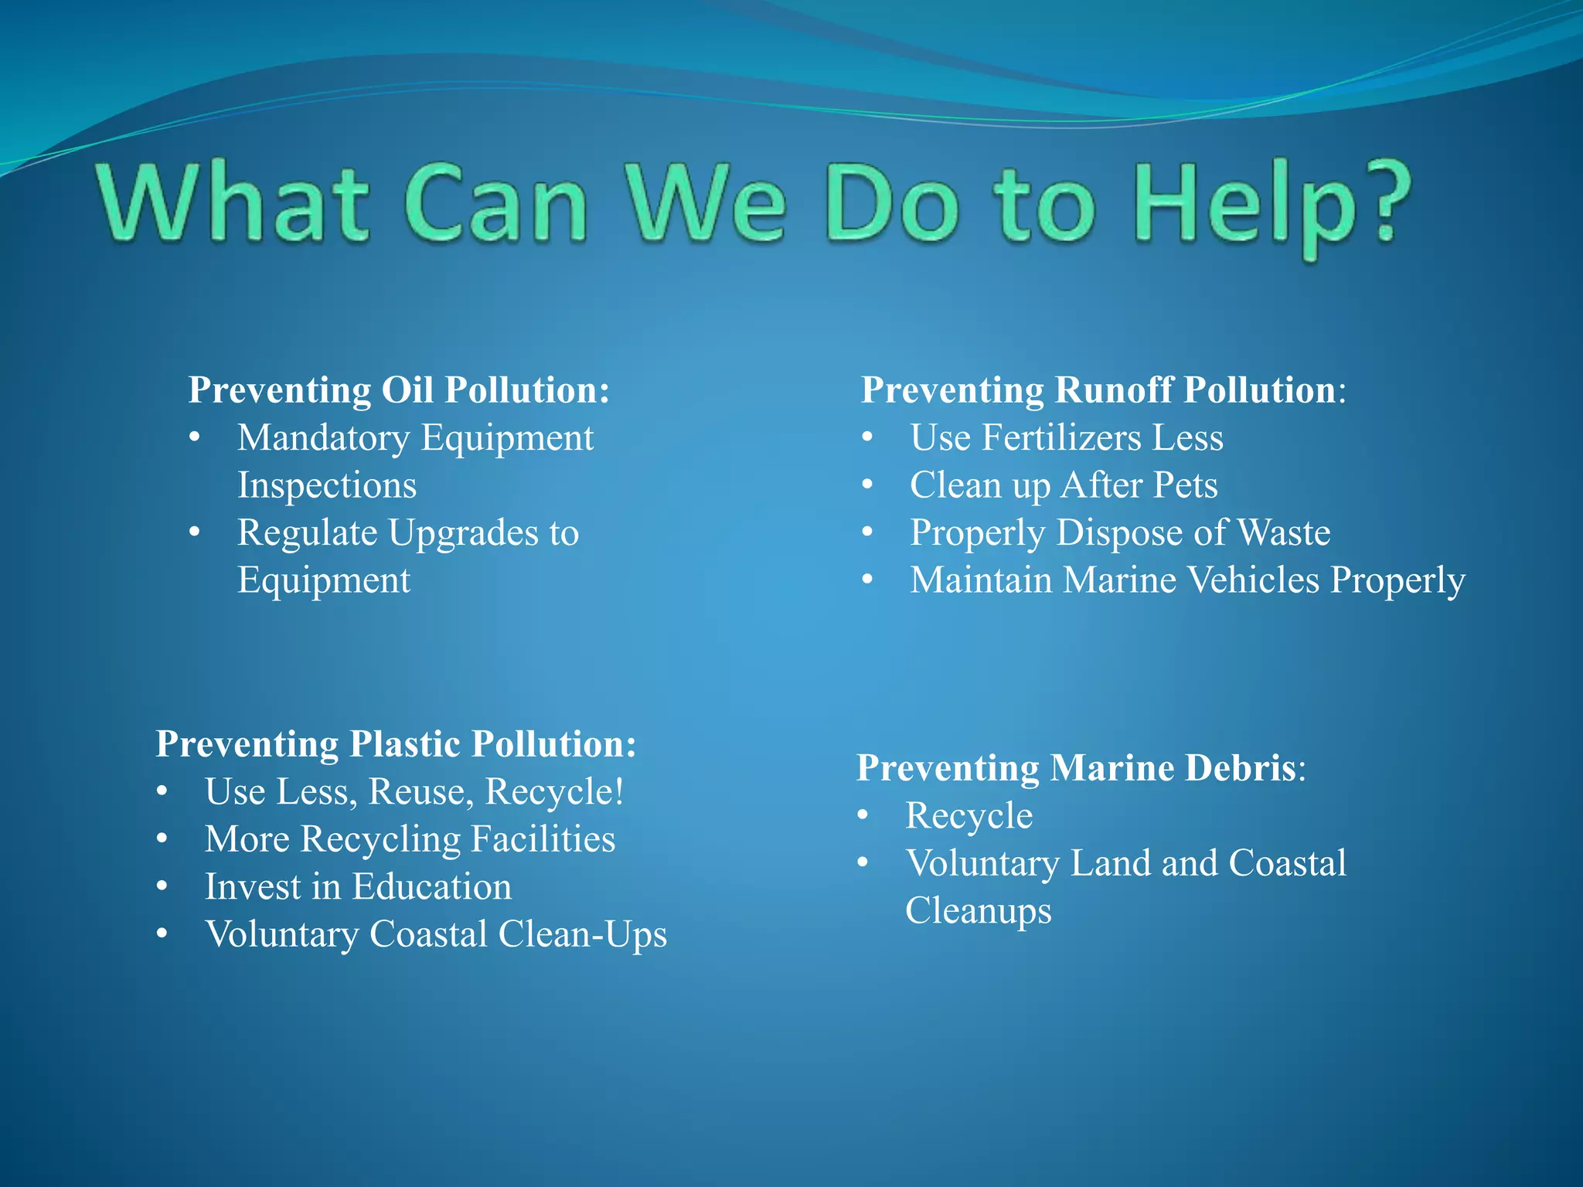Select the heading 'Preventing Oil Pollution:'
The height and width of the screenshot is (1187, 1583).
click(399, 389)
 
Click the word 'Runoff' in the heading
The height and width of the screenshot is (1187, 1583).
click(1113, 389)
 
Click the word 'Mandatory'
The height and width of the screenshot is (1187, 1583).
click(323, 437)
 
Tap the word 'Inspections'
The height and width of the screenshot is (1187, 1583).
click(327, 485)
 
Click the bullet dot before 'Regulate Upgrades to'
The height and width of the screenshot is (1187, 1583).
click(195, 532)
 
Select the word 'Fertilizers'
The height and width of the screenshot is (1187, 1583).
click(1061, 437)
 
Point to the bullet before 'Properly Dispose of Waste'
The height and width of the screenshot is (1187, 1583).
click(867, 532)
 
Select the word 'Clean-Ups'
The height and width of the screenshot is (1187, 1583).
click(582, 934)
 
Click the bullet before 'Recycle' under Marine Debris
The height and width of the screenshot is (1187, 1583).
click(863, 815)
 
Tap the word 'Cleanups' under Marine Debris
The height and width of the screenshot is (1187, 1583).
click(978, 910)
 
